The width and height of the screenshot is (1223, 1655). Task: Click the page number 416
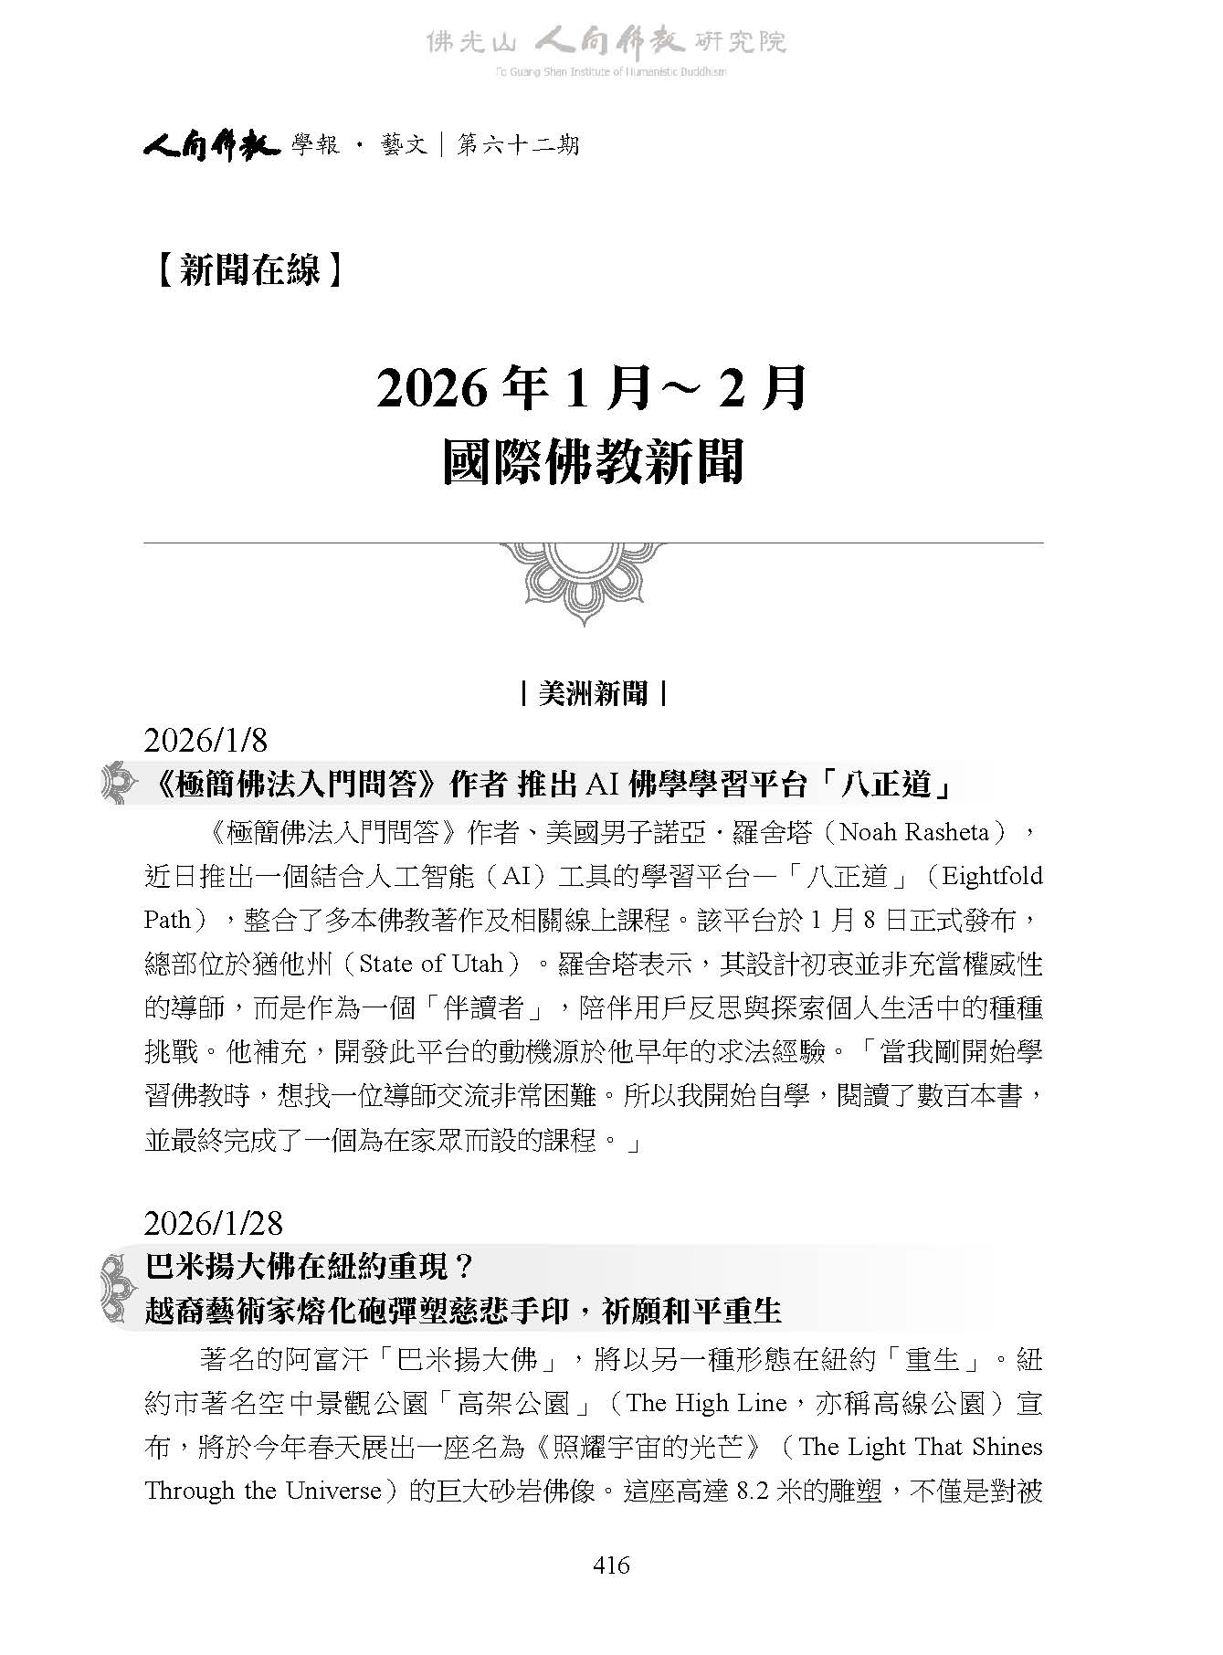(611, 1565)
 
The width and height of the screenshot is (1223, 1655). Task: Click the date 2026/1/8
(206, 741)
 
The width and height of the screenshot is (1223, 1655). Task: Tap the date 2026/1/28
(213, 1223)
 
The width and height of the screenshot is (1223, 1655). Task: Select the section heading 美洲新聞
(593, 693)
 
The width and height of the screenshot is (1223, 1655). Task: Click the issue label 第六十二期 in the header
(518, 144)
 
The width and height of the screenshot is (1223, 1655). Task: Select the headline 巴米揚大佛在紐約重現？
(311, 1267)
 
